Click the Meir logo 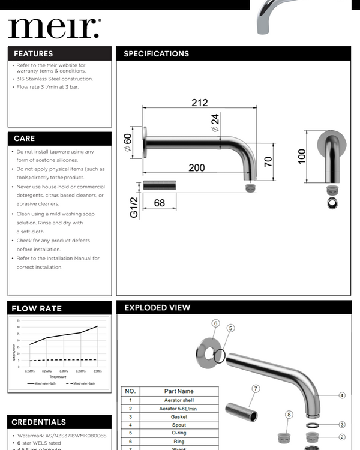tap(54, 27)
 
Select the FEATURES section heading tap(34, 53)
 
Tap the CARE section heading tap(25, 139)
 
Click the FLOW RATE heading tap(37, 308)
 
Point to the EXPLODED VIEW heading tap(157, 308)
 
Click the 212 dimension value tap(200, 103)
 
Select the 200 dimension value tap(196, 167)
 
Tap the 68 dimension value tap(159, 203)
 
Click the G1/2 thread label tap(134, 207)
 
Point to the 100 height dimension tap(302, 155)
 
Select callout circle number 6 tap(215, 323)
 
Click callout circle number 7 tap(256, 389)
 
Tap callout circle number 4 tap(341, 395)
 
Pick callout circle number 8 tap(289, 415)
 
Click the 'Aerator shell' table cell tap(179, 400)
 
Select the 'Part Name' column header tap(179, 391)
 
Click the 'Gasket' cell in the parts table tap(179, 416)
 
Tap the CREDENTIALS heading tap(39, 422)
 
